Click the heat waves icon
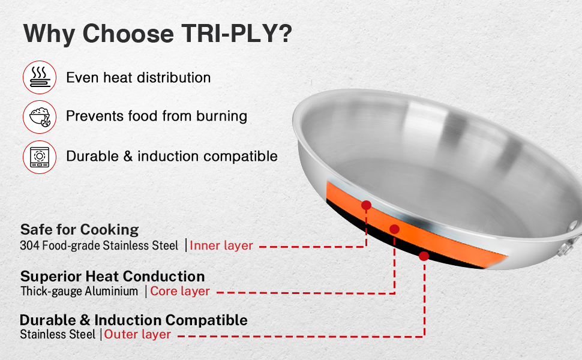(x=40, y=77)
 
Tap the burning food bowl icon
(x=40, y=117)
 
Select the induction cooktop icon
(x=40, y=157)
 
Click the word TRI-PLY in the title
(x=237, y=34)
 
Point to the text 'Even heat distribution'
(x=139, y=77)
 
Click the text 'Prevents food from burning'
(x=157, y=116)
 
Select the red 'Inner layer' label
(x=221, y=245)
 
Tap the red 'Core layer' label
(x=180, y=292)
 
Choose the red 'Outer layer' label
(x=137, y=334)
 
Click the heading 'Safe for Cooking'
(x=79, y=230)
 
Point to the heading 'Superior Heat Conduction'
(x=112, y=277)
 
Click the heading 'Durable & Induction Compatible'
(x=134, y=320)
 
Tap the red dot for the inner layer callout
(x=366, y=205)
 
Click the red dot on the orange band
(x=395, y=229)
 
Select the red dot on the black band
(x=424, y=256)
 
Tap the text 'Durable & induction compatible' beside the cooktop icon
(x=172, y=156)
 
